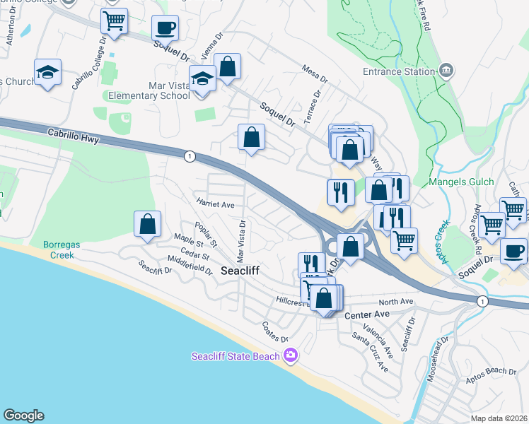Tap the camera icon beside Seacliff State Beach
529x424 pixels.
click(x=289, y=355)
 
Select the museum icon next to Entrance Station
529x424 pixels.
click(x=446, y=71)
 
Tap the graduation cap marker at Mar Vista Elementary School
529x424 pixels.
click(x=203, y=80)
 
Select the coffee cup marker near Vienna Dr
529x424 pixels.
click(x=165, y=28)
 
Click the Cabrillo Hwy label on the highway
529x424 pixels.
click(x=74, y=134)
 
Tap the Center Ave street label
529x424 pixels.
click(x=367, y=314)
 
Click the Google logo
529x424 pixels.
click(x=23, y=416)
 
